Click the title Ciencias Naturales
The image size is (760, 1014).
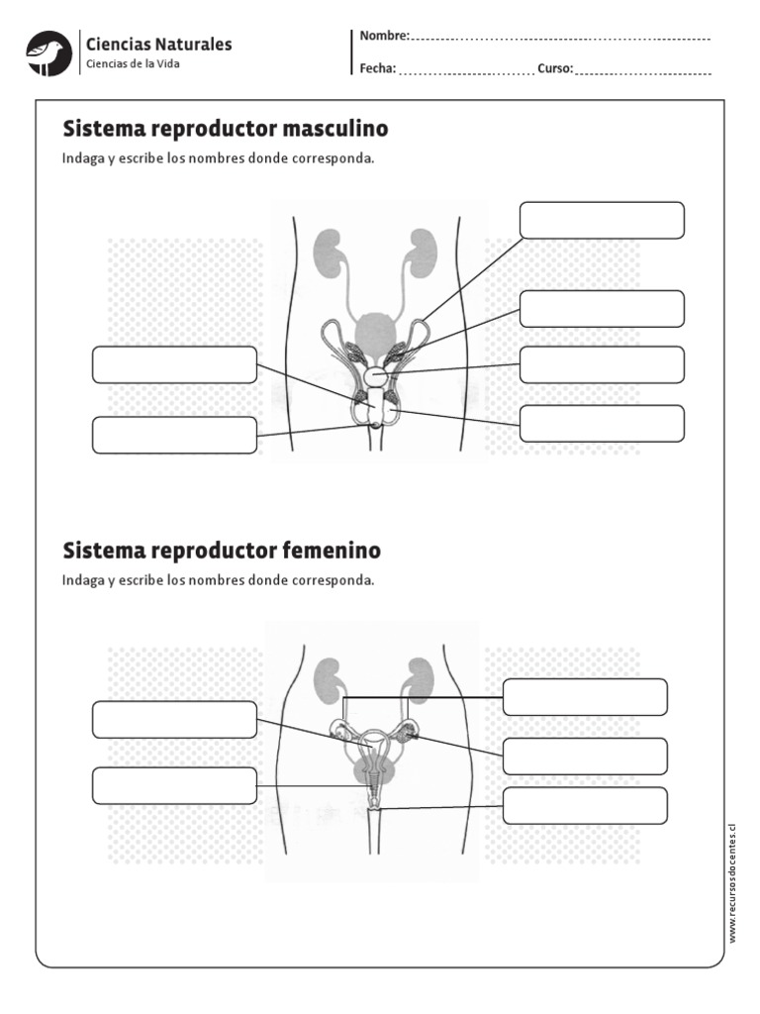tap(159, 44)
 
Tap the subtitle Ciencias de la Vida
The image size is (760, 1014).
tap(134, 64)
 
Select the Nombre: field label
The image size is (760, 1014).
tap(384, 36)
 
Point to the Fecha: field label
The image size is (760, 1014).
tap(378, 69)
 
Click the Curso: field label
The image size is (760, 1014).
tap(555, 69)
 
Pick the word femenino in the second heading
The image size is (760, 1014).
tap(332, 550)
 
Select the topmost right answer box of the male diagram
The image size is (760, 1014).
tap(602, 220)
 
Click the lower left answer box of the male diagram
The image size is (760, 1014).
tap(174, 435)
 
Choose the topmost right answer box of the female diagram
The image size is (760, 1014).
tap(585, 696)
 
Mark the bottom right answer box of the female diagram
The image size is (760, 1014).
tap(585, 805)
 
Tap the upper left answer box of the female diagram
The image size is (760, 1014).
tap(174, 719)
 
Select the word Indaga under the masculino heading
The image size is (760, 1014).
tap(82, 158)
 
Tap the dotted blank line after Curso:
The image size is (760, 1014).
tap(643, 71)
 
